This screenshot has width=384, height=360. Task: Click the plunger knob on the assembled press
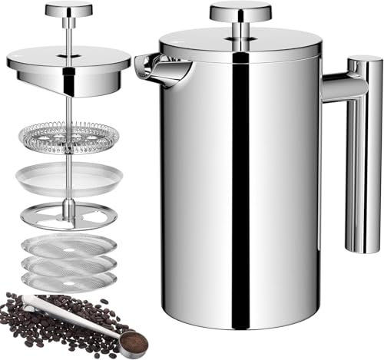click(x=240, y=11)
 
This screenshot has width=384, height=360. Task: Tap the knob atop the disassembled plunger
click(x=68, y=10)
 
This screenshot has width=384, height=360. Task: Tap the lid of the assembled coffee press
click(x=240, y=45)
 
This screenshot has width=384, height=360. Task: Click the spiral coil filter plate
click(x=68, y=137)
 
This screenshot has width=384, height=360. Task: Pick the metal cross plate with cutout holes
click(x=68, y=215)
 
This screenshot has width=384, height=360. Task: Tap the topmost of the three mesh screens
click(x=68, y=247)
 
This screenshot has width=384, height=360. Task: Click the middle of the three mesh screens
click(x=68, y=264)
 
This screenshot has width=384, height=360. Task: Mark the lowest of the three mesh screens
click(x=68, y=281)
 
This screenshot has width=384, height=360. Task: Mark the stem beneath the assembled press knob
click(x=240, y=28)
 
